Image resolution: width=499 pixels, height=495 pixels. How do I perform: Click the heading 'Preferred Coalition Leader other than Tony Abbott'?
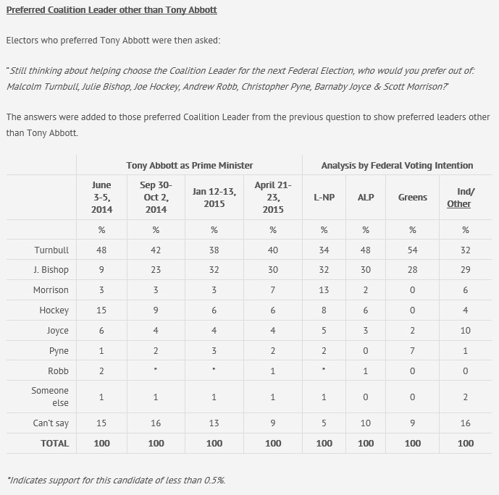click(112, 10)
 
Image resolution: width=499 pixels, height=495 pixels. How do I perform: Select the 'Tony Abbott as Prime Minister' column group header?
click(190, 166)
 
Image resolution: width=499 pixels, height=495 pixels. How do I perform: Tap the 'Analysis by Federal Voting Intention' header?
click(397, 166)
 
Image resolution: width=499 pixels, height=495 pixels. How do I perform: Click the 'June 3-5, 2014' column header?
click(101, 198)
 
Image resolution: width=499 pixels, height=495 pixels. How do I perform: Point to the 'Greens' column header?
click(413, 198)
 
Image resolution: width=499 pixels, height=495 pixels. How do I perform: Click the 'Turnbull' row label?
click(51, 250)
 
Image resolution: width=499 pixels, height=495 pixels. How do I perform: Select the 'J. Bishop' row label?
click(51, 269)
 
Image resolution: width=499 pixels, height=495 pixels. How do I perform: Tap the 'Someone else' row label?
click(51, 397)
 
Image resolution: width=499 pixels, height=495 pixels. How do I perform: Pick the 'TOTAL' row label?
click(55, 443)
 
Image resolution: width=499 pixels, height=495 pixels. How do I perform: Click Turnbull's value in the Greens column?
click(413, 250)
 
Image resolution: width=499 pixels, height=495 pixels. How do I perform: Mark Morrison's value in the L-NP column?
click(324, 289)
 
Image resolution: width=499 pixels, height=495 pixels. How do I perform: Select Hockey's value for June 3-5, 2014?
click(101, 310)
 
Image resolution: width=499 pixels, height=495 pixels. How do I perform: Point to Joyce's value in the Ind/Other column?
click(465, 330)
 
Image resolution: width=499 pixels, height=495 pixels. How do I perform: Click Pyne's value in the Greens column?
click(413, 350)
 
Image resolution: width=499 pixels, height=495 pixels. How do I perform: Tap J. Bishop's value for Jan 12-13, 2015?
click(214, 269)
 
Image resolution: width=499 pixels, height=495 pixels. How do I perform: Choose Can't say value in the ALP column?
click(366, 423)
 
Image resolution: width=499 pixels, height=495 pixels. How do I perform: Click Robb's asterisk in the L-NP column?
click(324, 371)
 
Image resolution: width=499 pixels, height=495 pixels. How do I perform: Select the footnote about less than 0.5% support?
click(116, 480)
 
